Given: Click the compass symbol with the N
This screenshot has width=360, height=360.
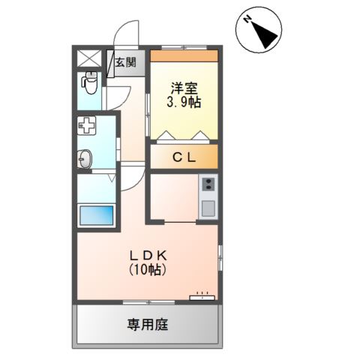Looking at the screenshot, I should point(258,31).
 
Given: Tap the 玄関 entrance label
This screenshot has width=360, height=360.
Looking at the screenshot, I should point(125,64).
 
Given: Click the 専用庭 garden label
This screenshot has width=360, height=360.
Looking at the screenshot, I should point(147,325).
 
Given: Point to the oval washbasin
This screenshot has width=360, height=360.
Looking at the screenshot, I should point(85,159).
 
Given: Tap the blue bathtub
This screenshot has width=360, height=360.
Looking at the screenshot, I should point(97,214).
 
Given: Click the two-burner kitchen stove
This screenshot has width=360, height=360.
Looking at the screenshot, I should point(208,184).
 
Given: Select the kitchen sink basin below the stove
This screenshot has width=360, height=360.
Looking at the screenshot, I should point(208,205).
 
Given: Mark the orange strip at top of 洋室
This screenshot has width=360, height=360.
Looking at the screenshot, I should point(184,55).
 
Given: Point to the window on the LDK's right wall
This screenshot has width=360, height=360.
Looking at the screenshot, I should point(220,259).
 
